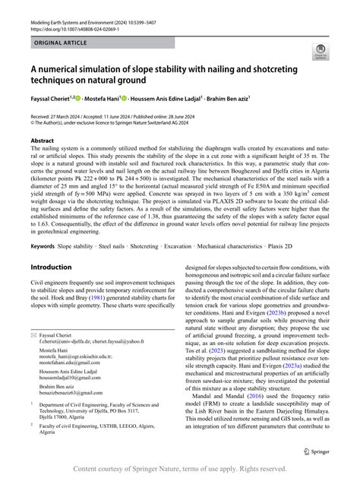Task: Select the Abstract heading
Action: tap(42, 141)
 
